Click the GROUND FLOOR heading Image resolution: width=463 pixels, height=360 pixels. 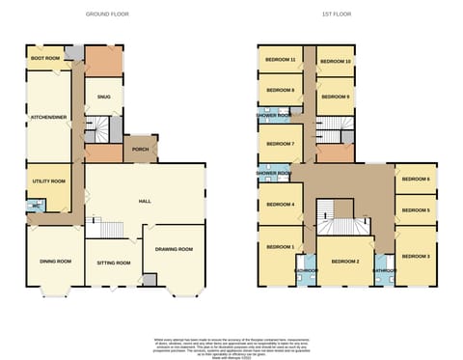(107, 14)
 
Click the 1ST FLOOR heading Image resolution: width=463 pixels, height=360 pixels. (337, 14)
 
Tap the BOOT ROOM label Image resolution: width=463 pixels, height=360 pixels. (45, 59)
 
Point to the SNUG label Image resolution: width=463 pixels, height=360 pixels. (103, 97)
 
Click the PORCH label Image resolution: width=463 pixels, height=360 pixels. (141, 150)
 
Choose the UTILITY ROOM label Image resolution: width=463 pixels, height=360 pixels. (48, 181)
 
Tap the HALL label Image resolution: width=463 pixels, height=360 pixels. (145, 201)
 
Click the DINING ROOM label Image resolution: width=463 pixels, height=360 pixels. (55, 262)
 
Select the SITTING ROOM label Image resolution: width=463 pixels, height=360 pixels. (114, 263)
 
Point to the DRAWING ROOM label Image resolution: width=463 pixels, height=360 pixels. (174, 249)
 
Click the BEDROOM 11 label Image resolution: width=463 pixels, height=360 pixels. (280, 60)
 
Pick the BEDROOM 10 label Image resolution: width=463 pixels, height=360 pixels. (335, 61)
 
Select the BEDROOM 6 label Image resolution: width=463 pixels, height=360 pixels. (416, 180)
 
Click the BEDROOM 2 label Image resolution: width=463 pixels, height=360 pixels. (344, 262)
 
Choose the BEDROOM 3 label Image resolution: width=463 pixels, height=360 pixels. (416, 256)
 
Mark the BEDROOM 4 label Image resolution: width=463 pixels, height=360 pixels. (280, 205)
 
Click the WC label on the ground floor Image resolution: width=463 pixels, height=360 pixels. (37, 205)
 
